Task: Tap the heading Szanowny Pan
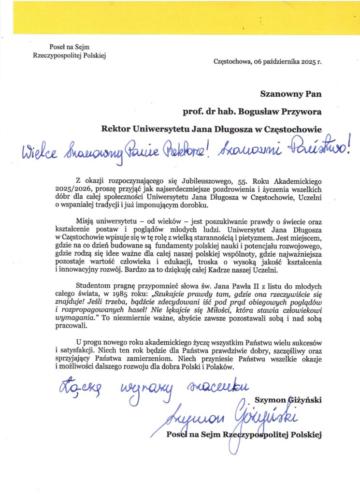[x=291, y=94]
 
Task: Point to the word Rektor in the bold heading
[x=116, y=129]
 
